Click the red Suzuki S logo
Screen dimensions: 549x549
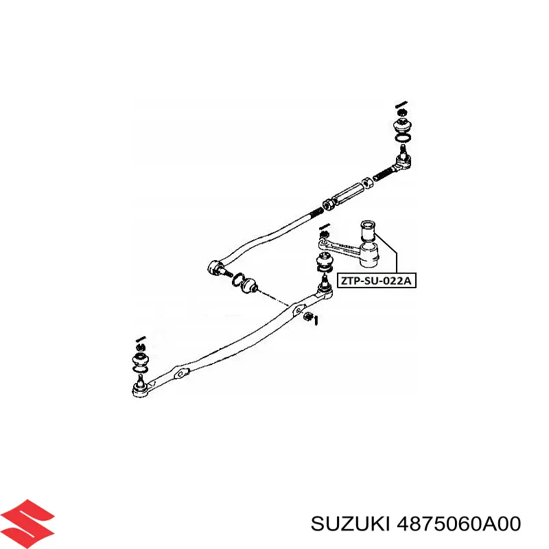[27, 524]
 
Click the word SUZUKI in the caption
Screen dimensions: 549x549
[350, 524]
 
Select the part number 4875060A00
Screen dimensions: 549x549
[458, 524]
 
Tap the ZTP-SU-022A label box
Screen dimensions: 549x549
[376, 281]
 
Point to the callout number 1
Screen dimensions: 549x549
[316, 320]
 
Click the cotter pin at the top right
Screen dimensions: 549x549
[401, 104]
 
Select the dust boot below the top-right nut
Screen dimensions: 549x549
[403, 126]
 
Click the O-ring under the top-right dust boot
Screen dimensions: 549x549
[403, 139]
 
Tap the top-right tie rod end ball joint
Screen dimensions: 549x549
[404, 160]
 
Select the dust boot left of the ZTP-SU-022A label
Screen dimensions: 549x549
[325, 263]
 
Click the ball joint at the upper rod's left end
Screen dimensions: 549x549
[214, 268]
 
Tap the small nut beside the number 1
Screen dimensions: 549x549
[307, 316]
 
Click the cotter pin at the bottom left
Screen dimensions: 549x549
[141, 339]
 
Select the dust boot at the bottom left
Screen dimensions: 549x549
[141, 360]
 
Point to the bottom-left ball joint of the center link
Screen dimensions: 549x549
[141, 388]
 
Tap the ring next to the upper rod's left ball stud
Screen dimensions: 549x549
[238, 280]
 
